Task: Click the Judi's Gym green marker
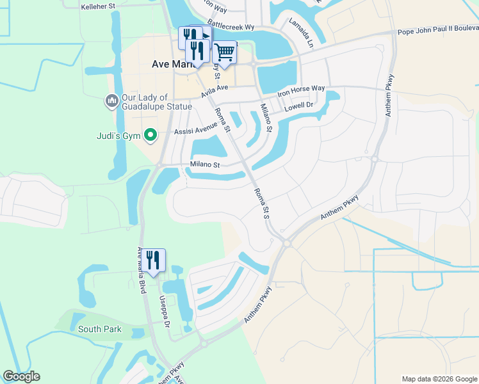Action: (x=150, y=134)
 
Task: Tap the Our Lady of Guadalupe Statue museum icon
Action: (x=112, y=101)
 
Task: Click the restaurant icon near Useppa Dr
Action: (x=154, y=259)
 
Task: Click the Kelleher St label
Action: (x=98, y=7)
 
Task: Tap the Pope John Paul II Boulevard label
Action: (x=437, y=29)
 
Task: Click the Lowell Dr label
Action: (x=298, y=104)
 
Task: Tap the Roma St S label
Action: (x=261, y=204)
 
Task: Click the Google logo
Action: (x=21, y=376)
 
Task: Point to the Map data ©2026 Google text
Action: (x=439, y=379)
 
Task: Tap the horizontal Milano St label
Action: (x=205, y=164)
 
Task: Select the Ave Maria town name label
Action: (x=168, y=64)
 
